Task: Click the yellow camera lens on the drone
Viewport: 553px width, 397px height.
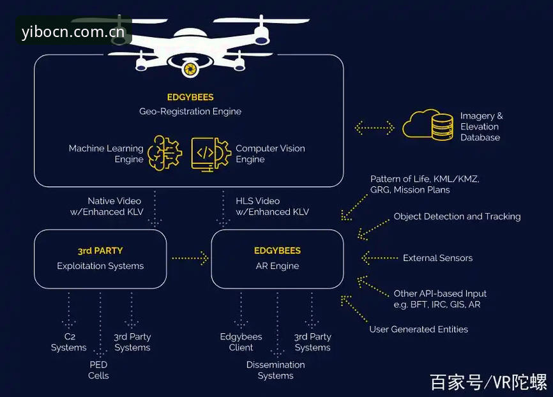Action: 190,68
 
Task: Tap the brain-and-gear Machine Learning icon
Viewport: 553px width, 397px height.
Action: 165,153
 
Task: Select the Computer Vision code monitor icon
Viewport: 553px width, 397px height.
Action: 211,154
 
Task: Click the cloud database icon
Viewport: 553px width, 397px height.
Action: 428,125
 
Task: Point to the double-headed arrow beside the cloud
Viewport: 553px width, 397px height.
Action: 374,128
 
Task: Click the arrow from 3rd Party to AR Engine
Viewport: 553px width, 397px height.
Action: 190,258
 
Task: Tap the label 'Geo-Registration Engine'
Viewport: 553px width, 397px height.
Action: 190,112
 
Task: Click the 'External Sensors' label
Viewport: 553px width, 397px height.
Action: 437,258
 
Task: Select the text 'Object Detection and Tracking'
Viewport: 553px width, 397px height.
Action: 457,216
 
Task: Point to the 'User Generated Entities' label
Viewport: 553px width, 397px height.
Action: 419,329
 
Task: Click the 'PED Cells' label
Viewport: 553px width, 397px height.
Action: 98,370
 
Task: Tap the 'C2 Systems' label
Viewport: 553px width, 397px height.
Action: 69,342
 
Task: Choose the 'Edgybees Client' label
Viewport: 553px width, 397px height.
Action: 241,342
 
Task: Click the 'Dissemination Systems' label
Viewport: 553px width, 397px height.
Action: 275,370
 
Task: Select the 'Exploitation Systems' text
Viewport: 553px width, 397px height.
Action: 100,266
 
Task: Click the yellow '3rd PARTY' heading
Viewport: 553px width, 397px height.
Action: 100,251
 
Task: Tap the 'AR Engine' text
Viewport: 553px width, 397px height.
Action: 278,266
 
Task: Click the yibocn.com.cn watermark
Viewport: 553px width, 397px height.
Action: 73,32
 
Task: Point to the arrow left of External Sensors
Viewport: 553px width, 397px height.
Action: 379,258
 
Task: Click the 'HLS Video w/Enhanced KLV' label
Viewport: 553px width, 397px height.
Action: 272,206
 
